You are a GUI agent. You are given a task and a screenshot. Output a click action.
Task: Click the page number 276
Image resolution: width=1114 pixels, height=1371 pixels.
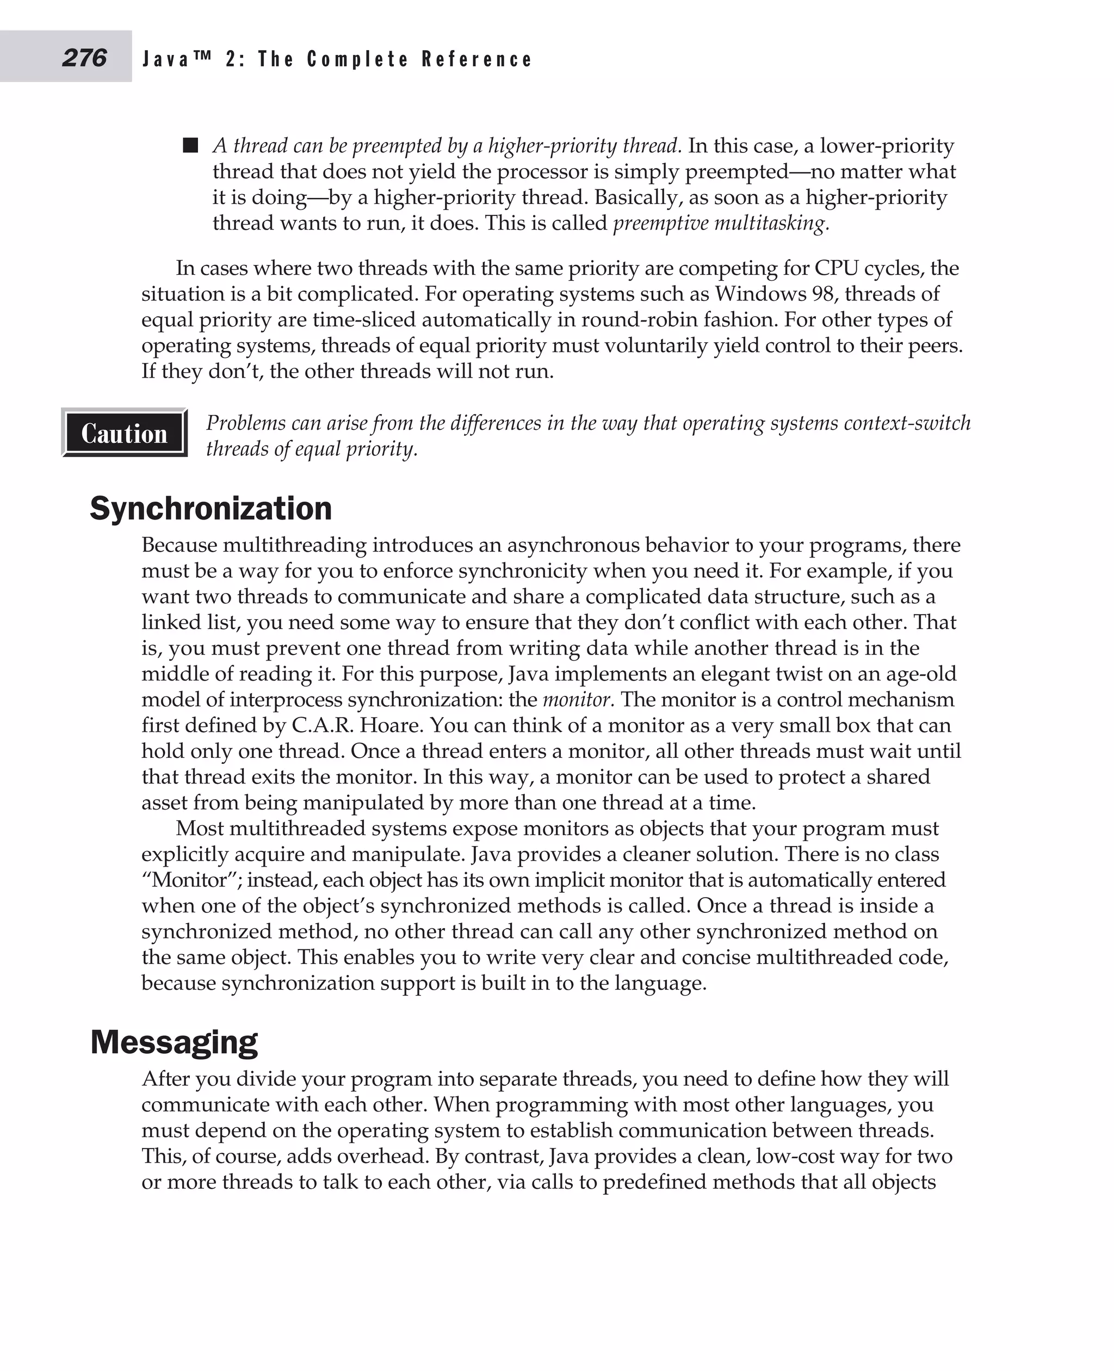[x=84, y=58]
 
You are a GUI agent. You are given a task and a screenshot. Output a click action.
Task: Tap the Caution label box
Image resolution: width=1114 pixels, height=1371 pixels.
[x=125, y=433]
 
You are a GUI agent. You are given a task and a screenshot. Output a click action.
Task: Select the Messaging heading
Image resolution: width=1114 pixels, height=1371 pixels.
[x=174, y=1041]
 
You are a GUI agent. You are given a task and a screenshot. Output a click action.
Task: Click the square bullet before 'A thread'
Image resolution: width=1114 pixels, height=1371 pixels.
[x=190, y=145]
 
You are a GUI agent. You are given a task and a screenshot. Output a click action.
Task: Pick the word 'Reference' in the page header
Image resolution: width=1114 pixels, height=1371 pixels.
[x=477, y=60]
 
